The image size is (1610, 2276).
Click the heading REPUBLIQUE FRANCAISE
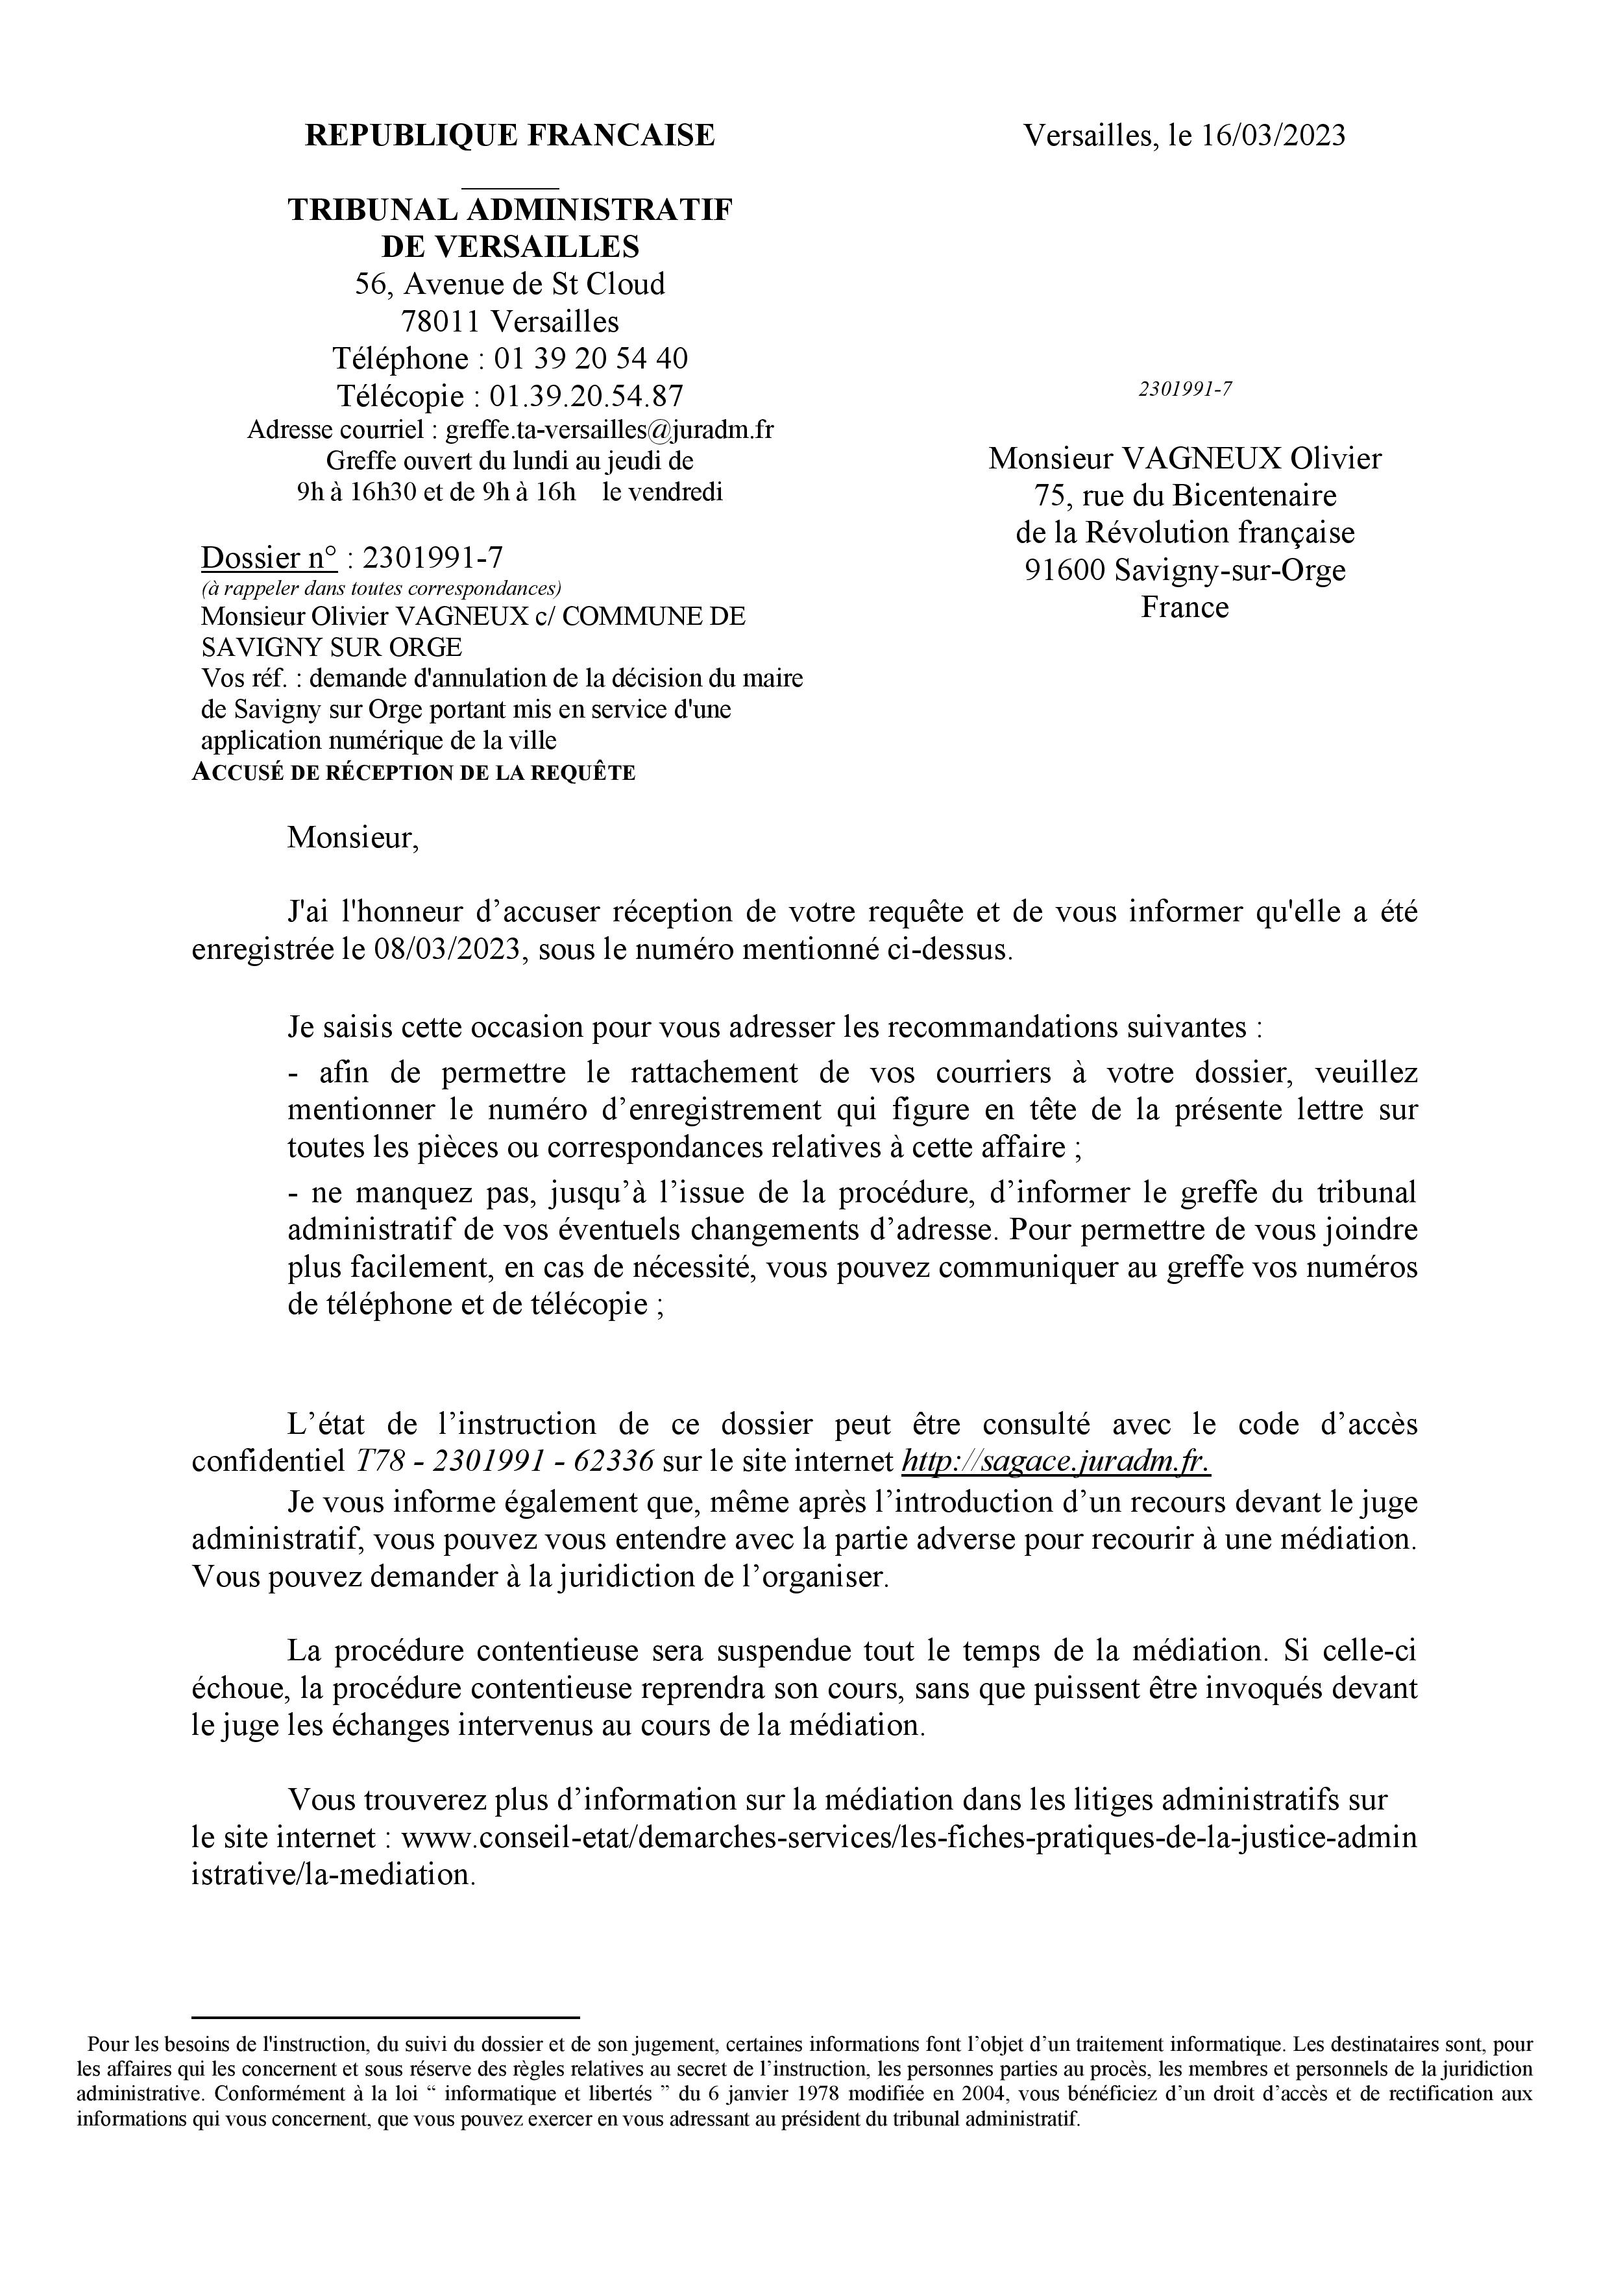[509, 135]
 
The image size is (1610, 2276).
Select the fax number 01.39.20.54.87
[586, 396]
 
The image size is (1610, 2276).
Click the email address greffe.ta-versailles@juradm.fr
[610, 430]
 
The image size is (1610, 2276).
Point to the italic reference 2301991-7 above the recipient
[1185, 389]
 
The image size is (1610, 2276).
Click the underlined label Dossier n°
[269, 558]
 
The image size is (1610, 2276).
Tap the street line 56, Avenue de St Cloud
[509, 284]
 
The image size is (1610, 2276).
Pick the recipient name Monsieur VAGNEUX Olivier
[1185, 458]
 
